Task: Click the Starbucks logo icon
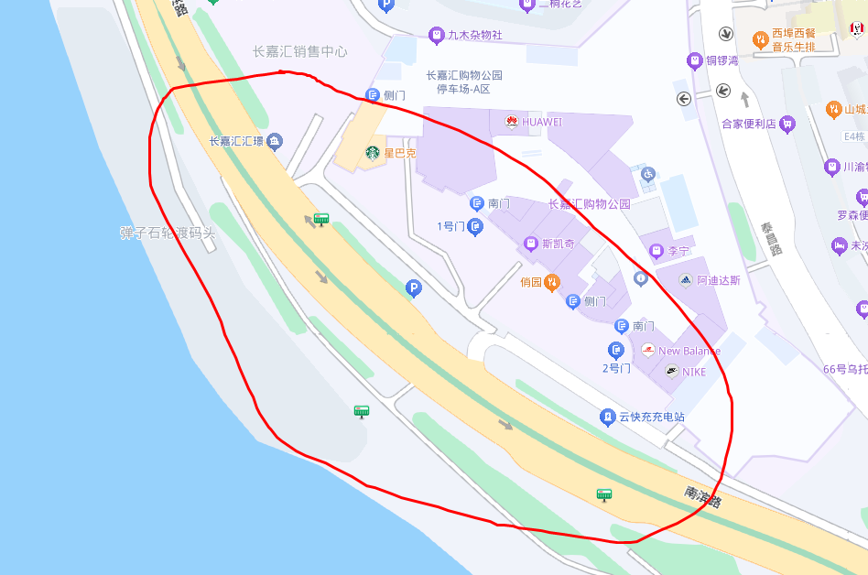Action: [373, 153]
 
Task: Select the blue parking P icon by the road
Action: [414, 289]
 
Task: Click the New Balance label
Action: [689, 351]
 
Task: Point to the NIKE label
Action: [693, 372]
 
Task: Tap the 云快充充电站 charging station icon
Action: [606, 417]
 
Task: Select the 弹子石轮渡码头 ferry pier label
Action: [168, 233]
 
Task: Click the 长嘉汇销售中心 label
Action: [299, 52]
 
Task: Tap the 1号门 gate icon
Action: [474, 226]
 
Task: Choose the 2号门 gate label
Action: [616, 368]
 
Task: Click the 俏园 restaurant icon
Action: [552, 282]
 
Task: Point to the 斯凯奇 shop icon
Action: [530, 244]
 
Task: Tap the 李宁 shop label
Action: [678, 250]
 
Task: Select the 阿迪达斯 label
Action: [718, 280]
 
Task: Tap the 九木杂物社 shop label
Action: [474, 36]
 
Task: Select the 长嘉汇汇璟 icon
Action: [274, 141]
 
